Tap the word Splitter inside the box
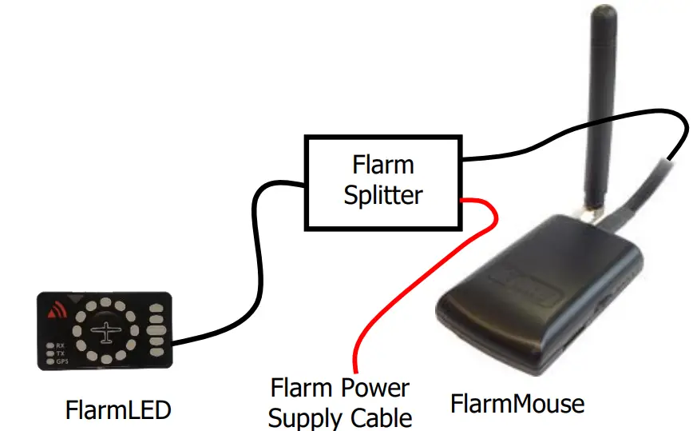pyautogui.click(x=383, y=195)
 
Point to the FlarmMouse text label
pyautogui.click(x=517, y=403)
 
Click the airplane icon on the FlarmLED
pyautogui.click(x=105, y=330)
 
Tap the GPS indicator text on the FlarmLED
pyautogui.click(x=61, y=361)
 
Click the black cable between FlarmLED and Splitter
pyautogui.click(x=254, y=264)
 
